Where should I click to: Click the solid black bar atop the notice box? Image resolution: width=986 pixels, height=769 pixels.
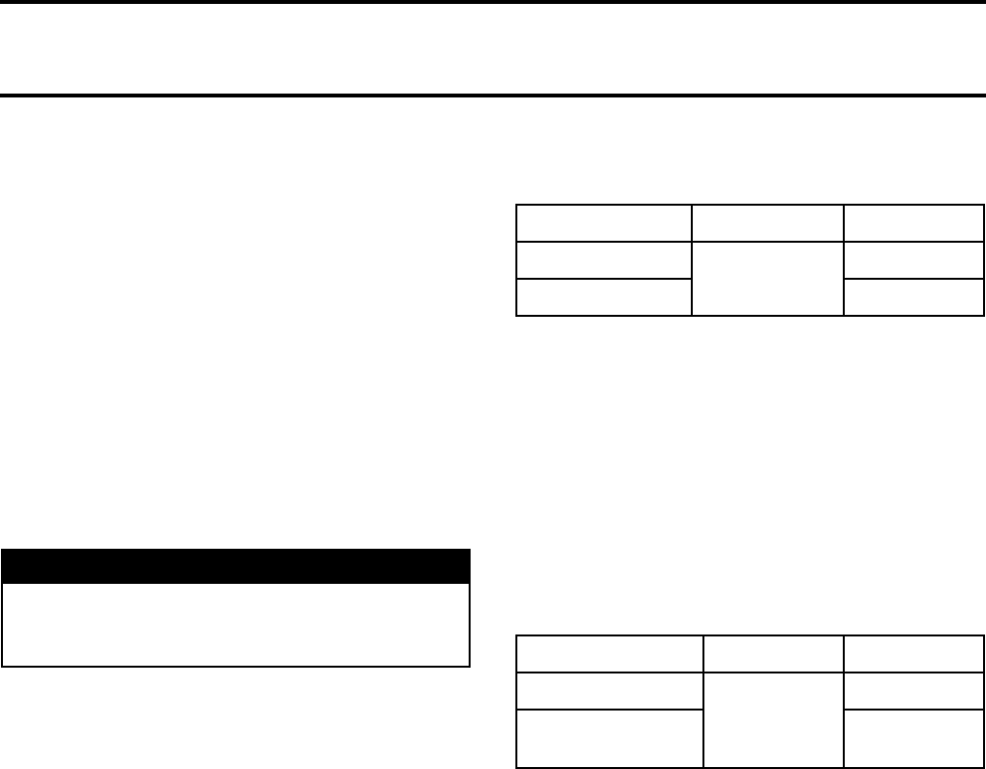click(x=236, y=566)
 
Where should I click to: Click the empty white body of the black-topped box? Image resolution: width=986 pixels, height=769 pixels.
click(x=236, y=624)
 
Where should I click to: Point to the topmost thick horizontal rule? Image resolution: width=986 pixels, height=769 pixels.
click(x=493, y=3)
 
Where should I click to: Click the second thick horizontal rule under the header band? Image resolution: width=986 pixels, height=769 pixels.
click(x=493, y=96)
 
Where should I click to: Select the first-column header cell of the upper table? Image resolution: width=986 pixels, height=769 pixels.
click(x=603, y=223)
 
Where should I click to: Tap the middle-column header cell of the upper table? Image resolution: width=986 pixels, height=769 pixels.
click(x=767, y=223)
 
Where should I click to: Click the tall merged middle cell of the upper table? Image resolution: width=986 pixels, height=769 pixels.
click(x=767, y=279)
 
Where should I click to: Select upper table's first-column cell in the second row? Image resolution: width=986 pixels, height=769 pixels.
click(x=603, y=260)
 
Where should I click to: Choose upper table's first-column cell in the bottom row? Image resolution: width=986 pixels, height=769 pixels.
click(x=603, y=297)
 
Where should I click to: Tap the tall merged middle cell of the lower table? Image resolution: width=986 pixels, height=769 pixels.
click(x=774, y=720)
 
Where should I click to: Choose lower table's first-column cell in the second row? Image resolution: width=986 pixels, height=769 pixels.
click(x=609, y=691)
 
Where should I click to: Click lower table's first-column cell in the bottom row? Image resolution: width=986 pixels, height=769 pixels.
click(x=609, y=739)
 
